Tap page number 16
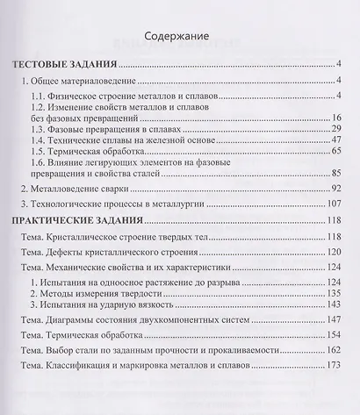click(337, 118)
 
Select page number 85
click(337, 175)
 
